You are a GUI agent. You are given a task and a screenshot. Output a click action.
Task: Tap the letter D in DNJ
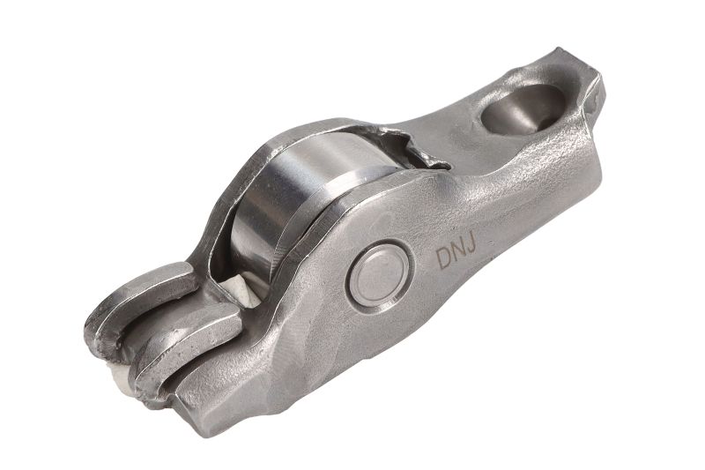coord(444,258)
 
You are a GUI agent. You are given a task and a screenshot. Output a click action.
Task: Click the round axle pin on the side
coord(380,276)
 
